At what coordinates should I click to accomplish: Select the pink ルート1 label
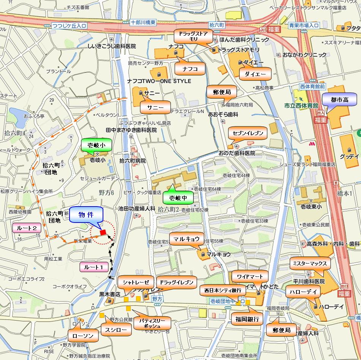[94, 267]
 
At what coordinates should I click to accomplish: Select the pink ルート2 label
[27, 228]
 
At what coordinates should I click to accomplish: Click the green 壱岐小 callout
[97, 145]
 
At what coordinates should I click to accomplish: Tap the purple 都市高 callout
[339, 100]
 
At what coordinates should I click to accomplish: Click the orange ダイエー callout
[255, 74]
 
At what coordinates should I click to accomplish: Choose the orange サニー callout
[155, 107]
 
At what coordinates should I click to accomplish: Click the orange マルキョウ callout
[187, 239]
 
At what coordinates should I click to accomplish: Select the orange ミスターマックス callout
[310, 263]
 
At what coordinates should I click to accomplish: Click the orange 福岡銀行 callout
[247, 319]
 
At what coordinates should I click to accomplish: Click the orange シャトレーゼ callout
[135, 282]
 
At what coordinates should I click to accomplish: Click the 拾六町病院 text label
[132, 161]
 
